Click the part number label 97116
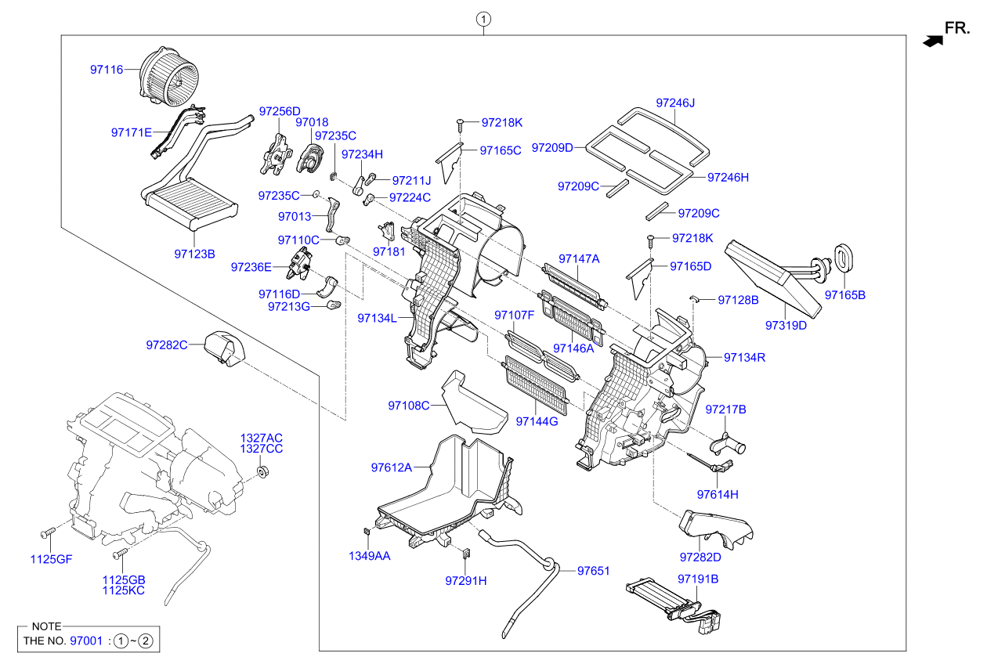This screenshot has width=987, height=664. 107,70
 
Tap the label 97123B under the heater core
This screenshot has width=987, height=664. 194,254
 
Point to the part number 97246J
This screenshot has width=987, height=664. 675,103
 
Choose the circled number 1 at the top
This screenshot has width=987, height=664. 485,19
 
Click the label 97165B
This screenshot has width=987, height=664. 844,295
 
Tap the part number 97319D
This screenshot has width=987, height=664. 786,325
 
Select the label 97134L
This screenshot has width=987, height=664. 377,318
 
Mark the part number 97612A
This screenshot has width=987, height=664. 391,467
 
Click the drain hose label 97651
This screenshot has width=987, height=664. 593,572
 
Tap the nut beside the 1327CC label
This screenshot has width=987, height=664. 264,472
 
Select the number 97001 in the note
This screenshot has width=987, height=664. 86,641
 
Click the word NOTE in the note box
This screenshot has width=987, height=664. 46,626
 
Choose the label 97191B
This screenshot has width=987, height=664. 698,579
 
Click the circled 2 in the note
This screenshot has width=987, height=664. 149,641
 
